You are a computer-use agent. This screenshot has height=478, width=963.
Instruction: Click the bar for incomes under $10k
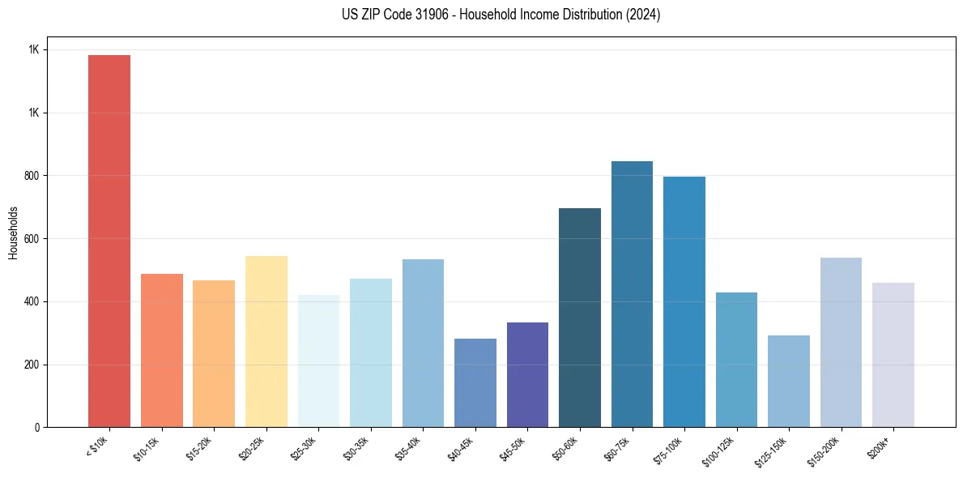click(x=109, y=241)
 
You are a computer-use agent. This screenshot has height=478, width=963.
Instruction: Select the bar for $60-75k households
click(x=632, y=294)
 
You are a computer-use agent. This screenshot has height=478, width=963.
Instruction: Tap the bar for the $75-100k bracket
click(x=684, y=301)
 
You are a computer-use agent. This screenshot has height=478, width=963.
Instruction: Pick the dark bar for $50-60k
click(x=580, y=318)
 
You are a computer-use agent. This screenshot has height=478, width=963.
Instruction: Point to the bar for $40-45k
click(x=475, y=382)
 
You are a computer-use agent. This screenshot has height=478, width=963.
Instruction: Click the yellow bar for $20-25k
click(x=266, y=341)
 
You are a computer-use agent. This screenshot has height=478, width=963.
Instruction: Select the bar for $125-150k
click(x=789, y=381)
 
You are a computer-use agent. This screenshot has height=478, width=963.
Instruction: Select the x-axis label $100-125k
click(x=723, y=450)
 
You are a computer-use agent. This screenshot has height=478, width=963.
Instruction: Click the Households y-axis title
click(x=13, y=232)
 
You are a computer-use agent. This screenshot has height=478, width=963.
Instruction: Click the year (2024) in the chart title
click(x=643, y=15)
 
